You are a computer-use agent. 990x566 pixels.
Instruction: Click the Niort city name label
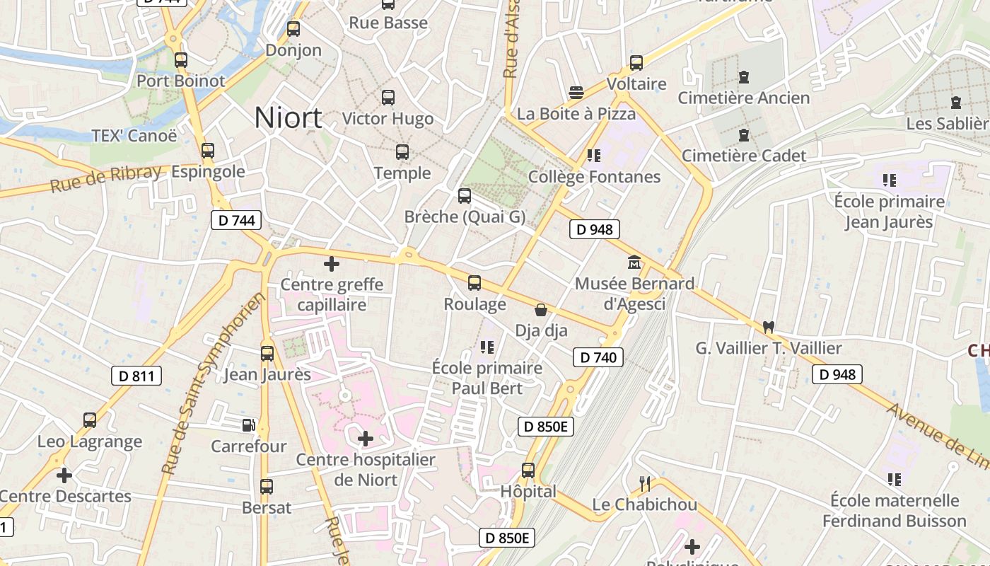(x=288, y=117)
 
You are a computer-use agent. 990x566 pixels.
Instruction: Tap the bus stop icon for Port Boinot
(x=181, y=60)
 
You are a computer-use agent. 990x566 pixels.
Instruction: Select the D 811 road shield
(x=136, y=376)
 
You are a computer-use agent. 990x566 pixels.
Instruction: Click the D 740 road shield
(x=598, y=357)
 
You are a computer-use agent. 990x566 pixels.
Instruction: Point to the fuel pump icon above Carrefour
(x=249, y=424)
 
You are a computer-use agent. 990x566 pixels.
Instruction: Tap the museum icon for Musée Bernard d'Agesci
(x=634, y=262)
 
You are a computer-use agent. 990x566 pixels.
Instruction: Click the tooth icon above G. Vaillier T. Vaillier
(x=769, y=327)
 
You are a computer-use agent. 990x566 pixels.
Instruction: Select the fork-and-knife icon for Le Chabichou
(x=645, y=484)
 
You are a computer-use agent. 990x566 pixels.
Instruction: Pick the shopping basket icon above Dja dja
(x=541, y=309)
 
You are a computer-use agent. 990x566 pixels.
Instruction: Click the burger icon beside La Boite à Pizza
(x=576, y=92)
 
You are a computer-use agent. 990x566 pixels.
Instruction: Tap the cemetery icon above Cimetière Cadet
(x=743, y=134)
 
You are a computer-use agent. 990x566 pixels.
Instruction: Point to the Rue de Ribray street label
(x=106, y=179)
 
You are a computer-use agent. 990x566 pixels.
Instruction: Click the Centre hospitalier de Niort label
(x=366, y=470)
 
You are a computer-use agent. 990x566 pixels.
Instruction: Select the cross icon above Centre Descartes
(x=64, y=475)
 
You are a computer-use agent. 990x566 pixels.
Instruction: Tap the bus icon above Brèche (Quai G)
(x=465, y=196)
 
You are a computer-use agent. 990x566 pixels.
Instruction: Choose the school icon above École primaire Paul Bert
(x=487, y=347)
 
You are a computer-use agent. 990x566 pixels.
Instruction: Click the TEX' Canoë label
(x=134, y=136)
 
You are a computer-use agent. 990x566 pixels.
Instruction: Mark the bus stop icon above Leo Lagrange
(x=90, y=420)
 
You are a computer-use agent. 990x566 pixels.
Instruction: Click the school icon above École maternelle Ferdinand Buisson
(x=895, y=480)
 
